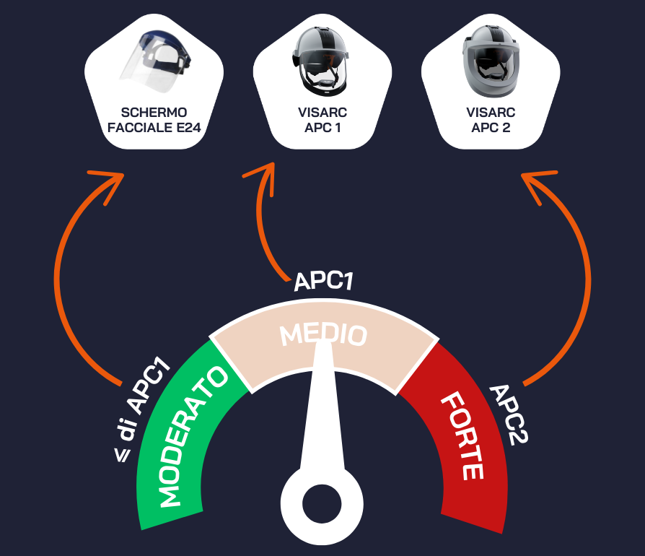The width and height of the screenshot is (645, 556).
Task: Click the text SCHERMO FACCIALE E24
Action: pos(154,121)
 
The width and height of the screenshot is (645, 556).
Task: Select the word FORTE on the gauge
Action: pos(461,435)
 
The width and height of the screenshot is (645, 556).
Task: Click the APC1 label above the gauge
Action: pos(324,281)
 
